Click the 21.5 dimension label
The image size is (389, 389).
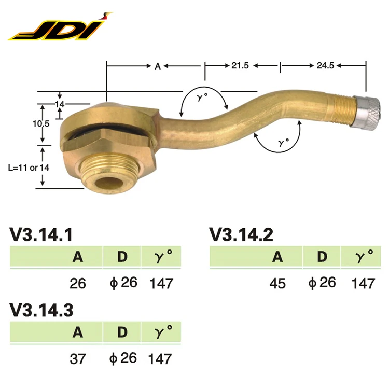tap(241, 66)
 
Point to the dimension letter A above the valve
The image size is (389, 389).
tap(157, 66)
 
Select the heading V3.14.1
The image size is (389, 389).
tap(42, 234)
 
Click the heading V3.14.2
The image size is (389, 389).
tap(242, 234)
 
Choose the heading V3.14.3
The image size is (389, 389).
tap(42, 310)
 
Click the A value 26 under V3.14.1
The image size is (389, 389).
tap(77, 283)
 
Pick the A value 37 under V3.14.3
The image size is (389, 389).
tap(77, 358)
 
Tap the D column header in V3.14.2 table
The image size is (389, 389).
tap(322, 257)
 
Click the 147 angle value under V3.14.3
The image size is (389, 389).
tap(161, 358)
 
